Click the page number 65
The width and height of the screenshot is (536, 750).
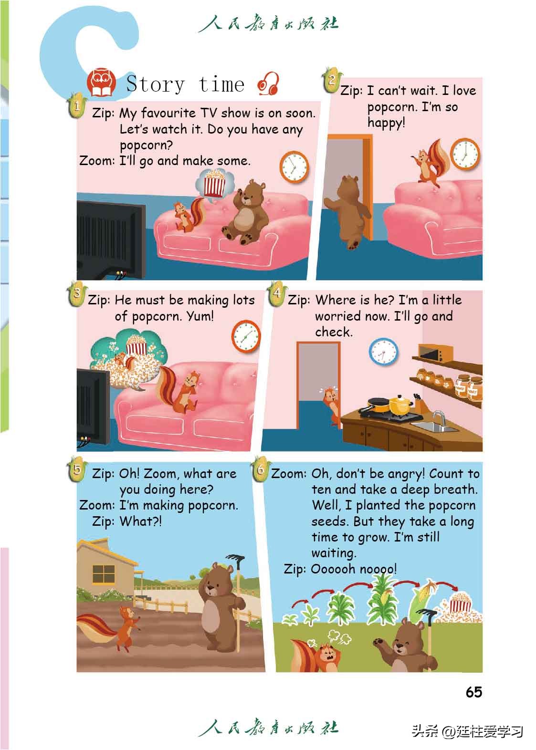tap(473, 692)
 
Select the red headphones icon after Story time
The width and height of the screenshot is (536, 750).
tap(268, 83)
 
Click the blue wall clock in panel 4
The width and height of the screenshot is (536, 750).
tap(384, 352)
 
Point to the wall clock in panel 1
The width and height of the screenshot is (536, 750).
tap(294, 167)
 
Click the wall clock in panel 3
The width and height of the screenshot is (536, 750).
tap(246, 336)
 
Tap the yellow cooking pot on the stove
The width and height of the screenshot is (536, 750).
tap(400, 405)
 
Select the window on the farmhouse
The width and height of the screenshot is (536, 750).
tap(104, 574)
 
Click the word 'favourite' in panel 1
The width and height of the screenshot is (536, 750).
tap(168, 113)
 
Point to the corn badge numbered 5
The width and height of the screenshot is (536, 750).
tap(77, 469)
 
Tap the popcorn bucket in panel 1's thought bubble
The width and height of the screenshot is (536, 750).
tap(214, 183)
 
